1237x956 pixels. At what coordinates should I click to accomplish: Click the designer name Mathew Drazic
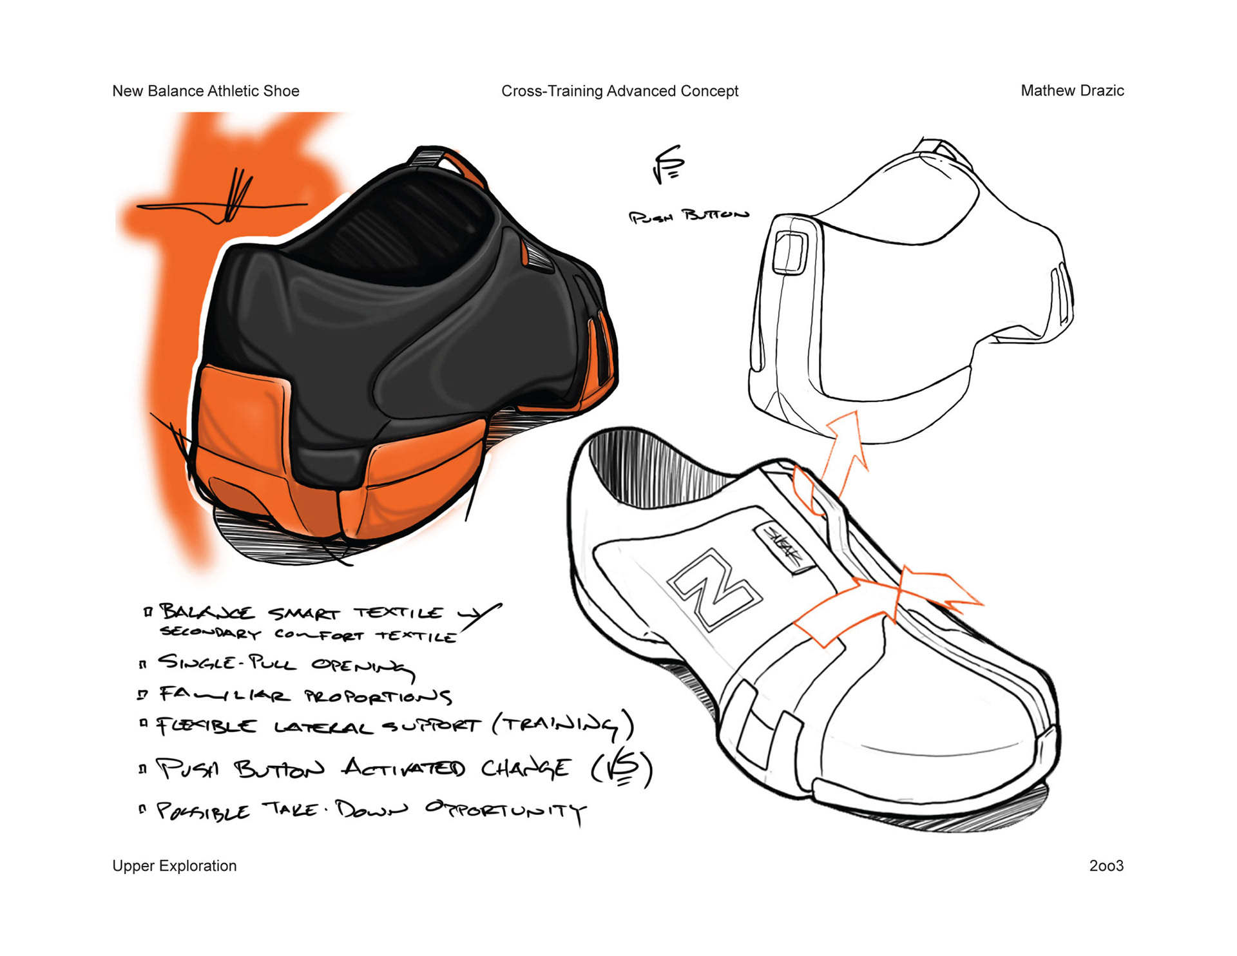(x=1071, y=91)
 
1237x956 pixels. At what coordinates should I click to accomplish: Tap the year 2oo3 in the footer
(x=1106, y=866)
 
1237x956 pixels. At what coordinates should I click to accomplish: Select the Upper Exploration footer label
(x=174, y=866)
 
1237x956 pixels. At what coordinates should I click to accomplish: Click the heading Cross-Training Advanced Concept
(x=619, y=91)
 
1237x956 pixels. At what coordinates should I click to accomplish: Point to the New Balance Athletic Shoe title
(x=206, y=91)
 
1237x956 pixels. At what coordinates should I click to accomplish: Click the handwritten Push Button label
(x=688, y=216)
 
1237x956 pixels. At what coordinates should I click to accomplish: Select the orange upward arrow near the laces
(x=845, y=451)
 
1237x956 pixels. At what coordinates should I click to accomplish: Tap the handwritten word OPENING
(x=361, y=666)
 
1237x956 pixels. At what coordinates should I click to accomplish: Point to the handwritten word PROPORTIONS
(x=378, y=696)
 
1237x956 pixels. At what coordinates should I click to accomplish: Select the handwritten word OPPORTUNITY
(x=505, y=811)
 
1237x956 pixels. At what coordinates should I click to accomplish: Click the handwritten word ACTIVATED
(x=403, y=769)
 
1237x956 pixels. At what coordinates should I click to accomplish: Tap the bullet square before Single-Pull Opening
(x=142, y=664)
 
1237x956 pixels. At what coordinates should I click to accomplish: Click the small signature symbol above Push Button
(x=667, y=164)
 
